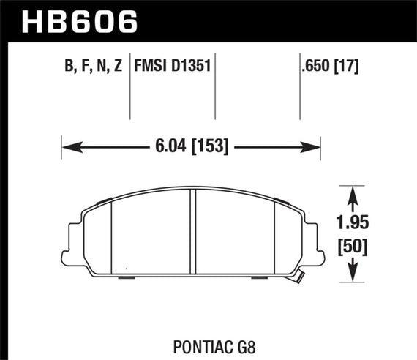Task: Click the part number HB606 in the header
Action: pos(80,21)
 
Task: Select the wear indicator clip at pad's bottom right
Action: pos(299,276)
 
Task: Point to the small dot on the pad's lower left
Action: pos(125,265)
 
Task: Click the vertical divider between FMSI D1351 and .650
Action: pos(214,88)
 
